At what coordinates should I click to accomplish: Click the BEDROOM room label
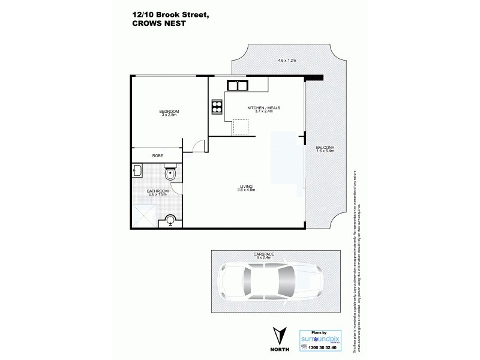pyautogui.click(x=169, y=113)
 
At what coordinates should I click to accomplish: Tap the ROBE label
pyautogui.click(x=157, y=156)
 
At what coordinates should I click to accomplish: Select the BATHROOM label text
pyautogui.click(x=157, y=192)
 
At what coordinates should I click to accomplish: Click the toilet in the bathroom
pyautogui.click(x=172, y=175)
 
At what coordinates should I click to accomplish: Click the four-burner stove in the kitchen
pyautogui.click(x=216, y=108)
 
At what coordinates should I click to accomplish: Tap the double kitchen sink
pyautogui.click(x=238, y=85)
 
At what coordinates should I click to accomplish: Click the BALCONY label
pyautogui.click(x=325, y=148)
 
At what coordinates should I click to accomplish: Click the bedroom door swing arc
pyautogui.click(x=199, y=144)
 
